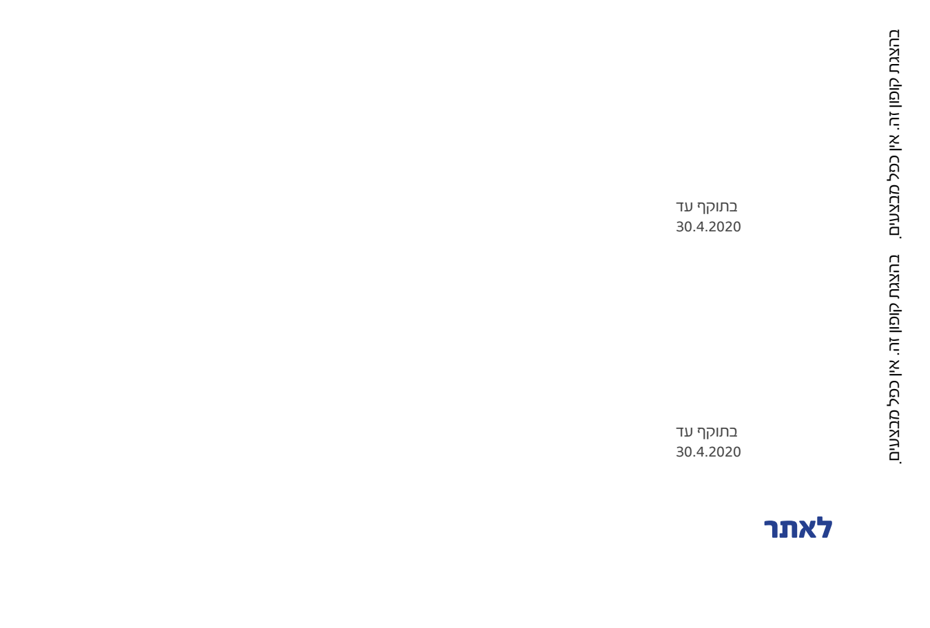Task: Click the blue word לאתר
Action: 798,529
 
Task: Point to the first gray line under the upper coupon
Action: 706,207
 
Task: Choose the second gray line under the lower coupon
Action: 708,452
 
